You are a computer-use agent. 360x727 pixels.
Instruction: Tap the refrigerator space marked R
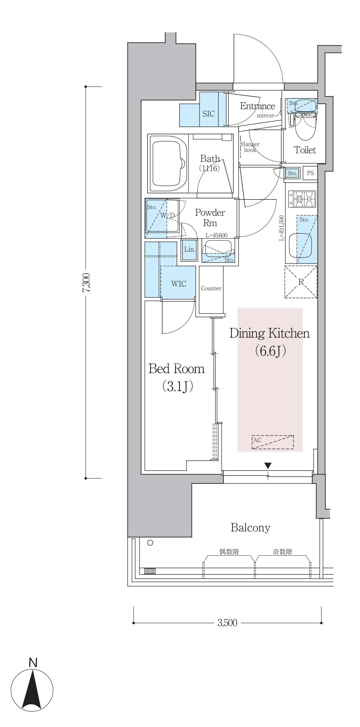coord(301,282)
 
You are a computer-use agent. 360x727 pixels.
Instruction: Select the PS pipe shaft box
coord(310,173)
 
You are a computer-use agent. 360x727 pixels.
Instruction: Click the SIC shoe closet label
coord(209,114)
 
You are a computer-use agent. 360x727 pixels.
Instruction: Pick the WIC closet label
coord(179,284)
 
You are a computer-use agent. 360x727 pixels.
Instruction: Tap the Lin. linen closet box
coord(189,250)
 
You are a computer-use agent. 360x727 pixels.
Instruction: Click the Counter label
coord(211,288)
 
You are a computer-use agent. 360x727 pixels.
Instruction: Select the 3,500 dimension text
coord(227,623)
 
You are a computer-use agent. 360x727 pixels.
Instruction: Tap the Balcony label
coord(251,528)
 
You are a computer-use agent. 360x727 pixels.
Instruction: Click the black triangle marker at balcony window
coord(268,465)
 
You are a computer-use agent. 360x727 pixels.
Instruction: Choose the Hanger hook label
coord(250,147)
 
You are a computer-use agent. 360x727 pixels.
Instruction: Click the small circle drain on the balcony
coord(150,543)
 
